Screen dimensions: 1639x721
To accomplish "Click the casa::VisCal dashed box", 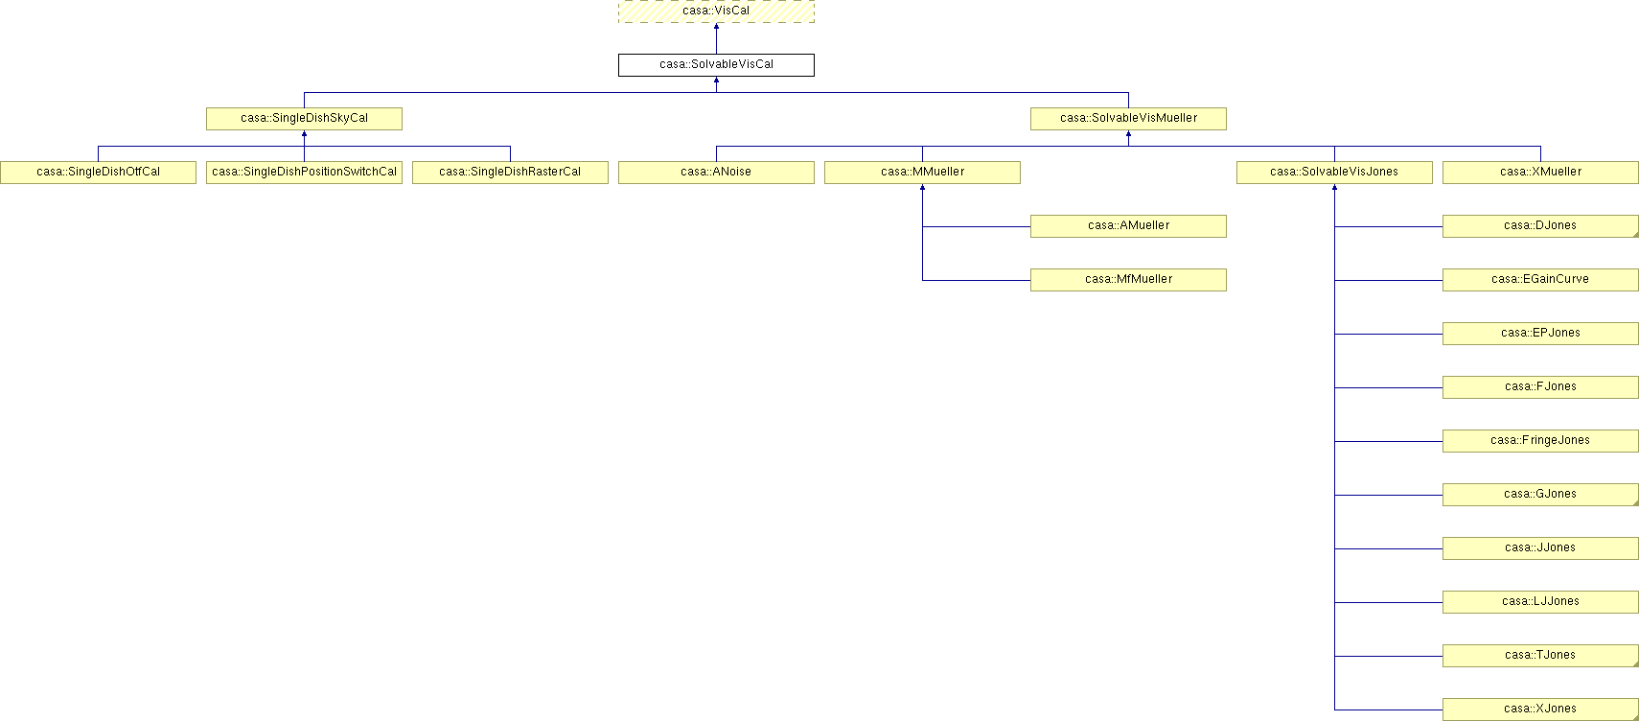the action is click(716, 11).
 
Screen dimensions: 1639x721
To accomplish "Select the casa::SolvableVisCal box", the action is click(716, 64).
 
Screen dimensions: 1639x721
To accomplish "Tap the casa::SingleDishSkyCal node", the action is click(304, 119).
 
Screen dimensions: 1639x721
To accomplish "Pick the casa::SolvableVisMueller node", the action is click(1128, 119).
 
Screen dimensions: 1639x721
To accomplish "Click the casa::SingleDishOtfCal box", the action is click(98, 172).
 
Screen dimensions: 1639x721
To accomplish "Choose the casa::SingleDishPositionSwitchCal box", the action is click(304, 172).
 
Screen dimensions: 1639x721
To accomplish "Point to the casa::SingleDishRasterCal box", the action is click(510, 172).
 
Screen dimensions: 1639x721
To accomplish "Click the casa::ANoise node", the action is click(716, 172).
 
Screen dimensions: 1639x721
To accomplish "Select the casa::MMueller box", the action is click(922, 172).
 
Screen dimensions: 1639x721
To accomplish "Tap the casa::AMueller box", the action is click(1128, 226).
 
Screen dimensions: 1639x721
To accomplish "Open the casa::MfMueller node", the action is click(1128, 280).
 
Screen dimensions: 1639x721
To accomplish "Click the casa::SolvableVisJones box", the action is click(1334, 172).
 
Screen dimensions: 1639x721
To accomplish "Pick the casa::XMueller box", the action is click(1540, 172).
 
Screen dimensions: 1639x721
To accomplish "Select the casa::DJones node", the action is click(1540, 226).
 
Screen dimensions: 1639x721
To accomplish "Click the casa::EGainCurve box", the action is click(1540, 280).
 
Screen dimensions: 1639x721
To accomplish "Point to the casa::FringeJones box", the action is click(1540, 441).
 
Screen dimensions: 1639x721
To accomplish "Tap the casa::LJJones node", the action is click(1540, 602).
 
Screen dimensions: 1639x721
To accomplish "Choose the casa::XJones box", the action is click(1540, 709).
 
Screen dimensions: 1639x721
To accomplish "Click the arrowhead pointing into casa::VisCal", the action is click(716, 26).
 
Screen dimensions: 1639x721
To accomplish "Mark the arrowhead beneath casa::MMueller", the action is click(923, 187).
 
